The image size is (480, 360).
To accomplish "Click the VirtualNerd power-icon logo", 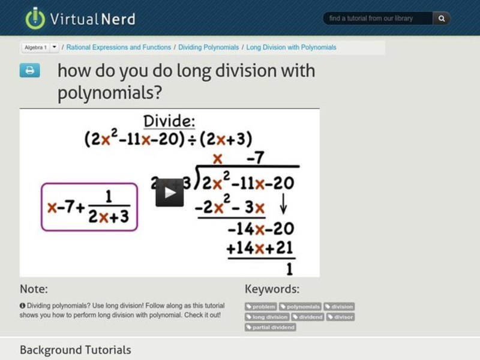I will pyautogui.click(x=35, y=18).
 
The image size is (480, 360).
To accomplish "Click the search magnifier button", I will pyautogui.click(x=442, y=19).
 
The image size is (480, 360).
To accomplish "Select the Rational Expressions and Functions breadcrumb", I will pyautogui.click(x=119, y=47).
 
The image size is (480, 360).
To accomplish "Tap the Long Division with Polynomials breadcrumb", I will pyautogui.click(x=291, y=47).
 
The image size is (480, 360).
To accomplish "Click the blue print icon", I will pyautogui.click(x=29, y=71).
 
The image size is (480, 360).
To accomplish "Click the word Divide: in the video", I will pyautogui.click(x=169, y=121).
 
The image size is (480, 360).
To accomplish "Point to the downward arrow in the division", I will pyautogui.click(x=284, y=207).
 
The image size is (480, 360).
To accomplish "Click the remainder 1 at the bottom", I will pyautogui.click(x=290, y=268).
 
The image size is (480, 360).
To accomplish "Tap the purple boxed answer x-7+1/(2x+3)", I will pyautogui.click(x=89, y=207).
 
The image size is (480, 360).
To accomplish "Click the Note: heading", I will pyautogui.click(x=34, y=289).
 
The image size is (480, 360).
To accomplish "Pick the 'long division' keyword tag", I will pyautogui.click(x=267, y=317).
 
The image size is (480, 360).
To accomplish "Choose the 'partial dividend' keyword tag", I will pyautogui.click(x=271, y=327).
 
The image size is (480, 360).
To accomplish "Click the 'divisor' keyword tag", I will pyautogui.click(x=341, y=317).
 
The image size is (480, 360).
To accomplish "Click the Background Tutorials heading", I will pyautogui.click(x=75, y=349).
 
